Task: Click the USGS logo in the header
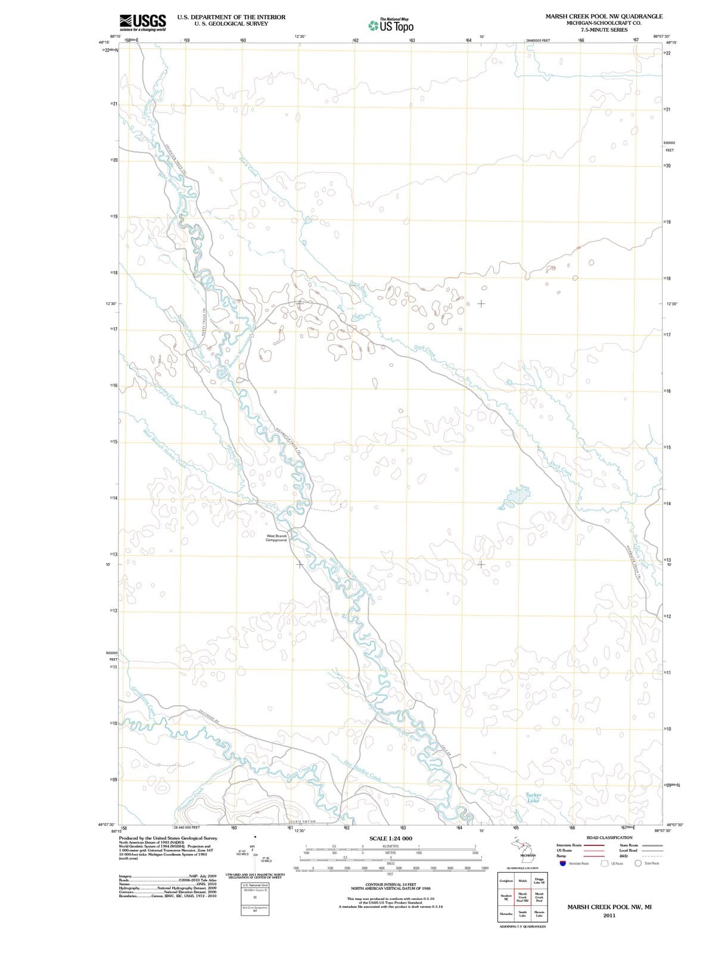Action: tap(142, 22)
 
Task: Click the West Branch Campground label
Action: tap(276, 538)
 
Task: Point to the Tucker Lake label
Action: tap(533, 798)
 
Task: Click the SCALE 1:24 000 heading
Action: tap(390, 838)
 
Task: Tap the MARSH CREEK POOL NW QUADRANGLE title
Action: tap(604, 16)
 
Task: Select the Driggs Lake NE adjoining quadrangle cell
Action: tap(539, 880)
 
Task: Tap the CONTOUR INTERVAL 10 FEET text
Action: tap(390, 885)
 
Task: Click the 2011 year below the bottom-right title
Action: tap(608, 915)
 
